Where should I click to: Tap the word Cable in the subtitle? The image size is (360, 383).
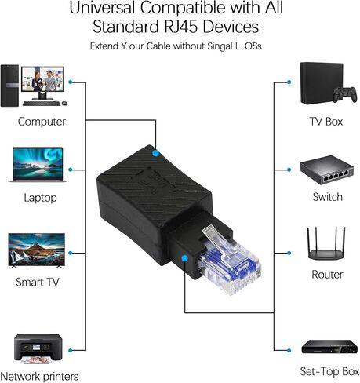point(158,46)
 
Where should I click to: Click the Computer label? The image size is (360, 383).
point(42,122)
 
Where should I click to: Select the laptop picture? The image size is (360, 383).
point(38,165)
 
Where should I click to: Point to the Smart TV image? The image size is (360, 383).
point(37,250)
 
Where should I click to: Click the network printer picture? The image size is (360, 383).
point(38,348)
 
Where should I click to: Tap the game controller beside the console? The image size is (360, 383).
point(345,94)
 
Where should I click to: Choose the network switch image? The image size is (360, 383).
point(327,170)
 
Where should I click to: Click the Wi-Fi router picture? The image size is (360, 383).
point(326,243)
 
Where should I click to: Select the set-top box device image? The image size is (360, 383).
point(329,347)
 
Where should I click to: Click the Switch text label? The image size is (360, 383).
point(327,197)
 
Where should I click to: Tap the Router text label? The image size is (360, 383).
point(327,275)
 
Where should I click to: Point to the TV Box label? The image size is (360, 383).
point(325,122)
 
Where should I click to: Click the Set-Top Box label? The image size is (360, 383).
point(329,371)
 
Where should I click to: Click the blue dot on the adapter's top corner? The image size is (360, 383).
point(155,153)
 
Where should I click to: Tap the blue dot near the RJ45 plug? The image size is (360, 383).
point(185,258)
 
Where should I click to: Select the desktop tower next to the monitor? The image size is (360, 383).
point(9,86)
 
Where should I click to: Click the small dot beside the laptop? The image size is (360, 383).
point(70,170)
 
